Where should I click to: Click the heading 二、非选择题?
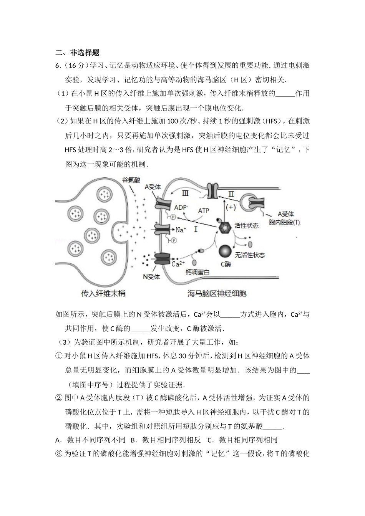pyautogui.click(x=77, y=53)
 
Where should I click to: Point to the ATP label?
pyautogui.click(x=203, y=211)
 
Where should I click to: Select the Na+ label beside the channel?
pyautogui.click(x=181, y=230)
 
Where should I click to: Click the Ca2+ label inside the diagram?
pyautogui.click(x=178, y=264)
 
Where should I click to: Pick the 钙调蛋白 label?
pyautogui.click(x=197, y=272)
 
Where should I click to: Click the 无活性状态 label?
pyautogui.click(x=250, y=255)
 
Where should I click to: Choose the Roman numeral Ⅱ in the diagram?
pyautogui.click(x=231, y=194)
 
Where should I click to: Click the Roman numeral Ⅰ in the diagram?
pyautogui.click(x=196, y=230)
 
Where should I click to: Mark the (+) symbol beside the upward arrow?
pyautogui.click(x=231, y=207)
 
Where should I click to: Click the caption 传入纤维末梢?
pyautogui.click(x=103, y=294)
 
